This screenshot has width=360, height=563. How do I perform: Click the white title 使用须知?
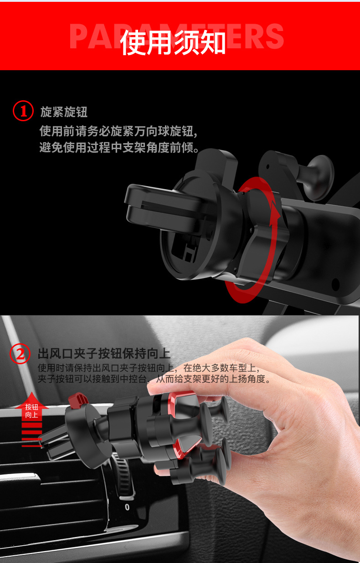[x=173, y=43]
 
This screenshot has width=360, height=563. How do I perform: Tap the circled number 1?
[x=23, y=111]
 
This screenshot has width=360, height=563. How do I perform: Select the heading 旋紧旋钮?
[x=64, y=112]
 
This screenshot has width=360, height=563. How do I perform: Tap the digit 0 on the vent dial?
[x=127, y=506]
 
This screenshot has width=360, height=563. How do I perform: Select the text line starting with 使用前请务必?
[x=118, y=132]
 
